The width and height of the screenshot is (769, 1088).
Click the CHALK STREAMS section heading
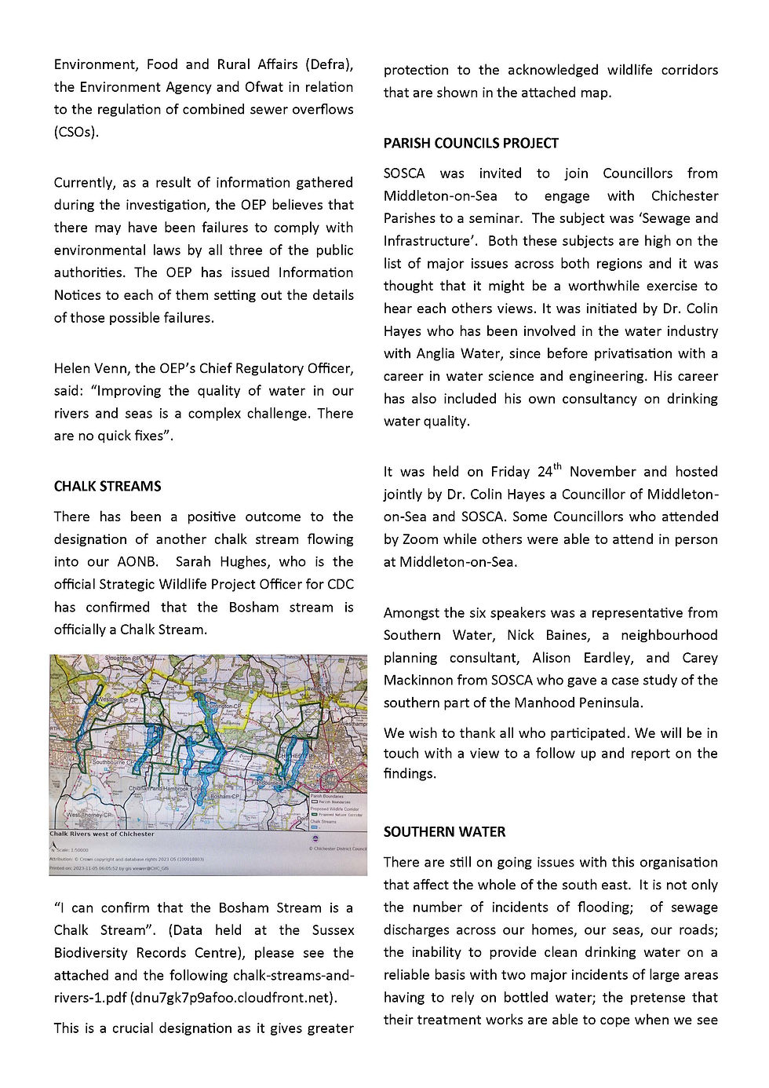(108, 487)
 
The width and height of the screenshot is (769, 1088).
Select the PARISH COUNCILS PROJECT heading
(471, 144)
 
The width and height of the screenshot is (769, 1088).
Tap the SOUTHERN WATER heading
(444, 832)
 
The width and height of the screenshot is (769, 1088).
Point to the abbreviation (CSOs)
(76, 132)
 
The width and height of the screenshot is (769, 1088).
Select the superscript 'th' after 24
(558, 467)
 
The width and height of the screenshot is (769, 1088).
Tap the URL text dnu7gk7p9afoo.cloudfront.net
(233, 999)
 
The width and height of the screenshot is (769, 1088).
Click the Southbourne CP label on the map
(115, 762)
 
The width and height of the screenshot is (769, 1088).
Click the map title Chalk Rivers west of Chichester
(102, 834)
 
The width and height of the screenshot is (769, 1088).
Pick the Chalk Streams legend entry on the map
(323, 821)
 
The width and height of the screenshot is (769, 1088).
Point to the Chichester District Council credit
(337, 849)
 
